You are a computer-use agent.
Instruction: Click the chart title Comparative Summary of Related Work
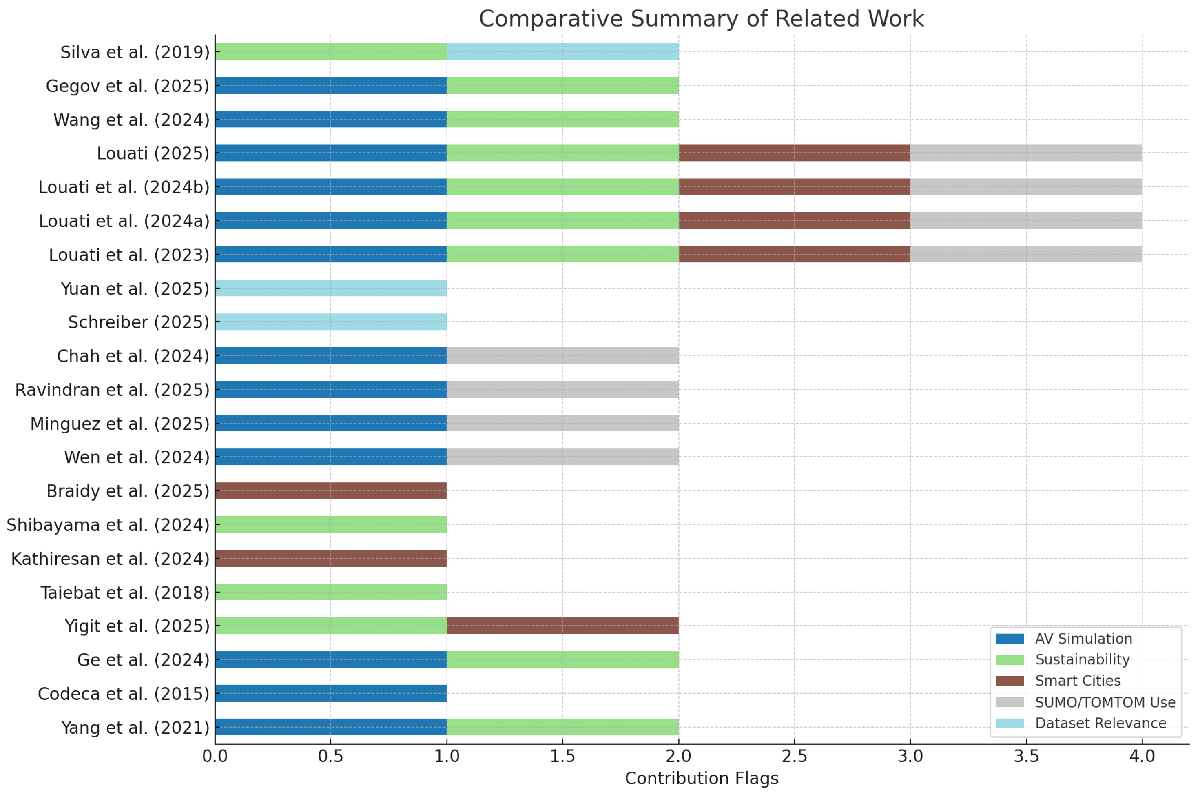(701, 19)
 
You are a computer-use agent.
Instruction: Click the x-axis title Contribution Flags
(701, 778)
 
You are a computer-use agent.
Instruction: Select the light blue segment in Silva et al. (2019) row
(562, 51)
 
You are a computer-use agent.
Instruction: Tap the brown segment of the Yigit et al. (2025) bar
(562, 625)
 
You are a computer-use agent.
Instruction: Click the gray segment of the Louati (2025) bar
(1026, 153)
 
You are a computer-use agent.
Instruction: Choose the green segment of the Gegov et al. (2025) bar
(562, 85)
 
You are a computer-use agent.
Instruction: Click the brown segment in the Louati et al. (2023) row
(794, 254)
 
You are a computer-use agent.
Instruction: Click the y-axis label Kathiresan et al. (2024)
(110, 559)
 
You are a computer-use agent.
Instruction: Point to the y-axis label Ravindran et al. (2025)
(112, 390)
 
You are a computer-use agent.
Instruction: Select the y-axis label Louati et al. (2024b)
(124, 187)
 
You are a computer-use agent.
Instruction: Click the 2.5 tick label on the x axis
(794, 756)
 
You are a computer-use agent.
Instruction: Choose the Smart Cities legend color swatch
(1009, 681)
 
